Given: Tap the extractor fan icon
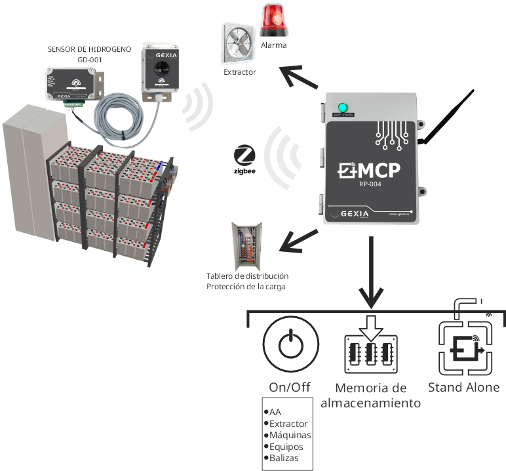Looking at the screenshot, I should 239,45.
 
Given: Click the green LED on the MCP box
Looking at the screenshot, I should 341,108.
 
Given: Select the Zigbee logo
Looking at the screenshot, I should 244,161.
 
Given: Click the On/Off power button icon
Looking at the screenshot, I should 290,346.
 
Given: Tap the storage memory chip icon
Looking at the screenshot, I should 370,348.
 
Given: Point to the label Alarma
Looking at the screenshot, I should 273,45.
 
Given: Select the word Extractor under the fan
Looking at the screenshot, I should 239,72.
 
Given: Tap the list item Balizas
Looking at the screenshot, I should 286,458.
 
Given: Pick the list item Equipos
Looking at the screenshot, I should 286,447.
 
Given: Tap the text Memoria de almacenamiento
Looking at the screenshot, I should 370,396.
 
